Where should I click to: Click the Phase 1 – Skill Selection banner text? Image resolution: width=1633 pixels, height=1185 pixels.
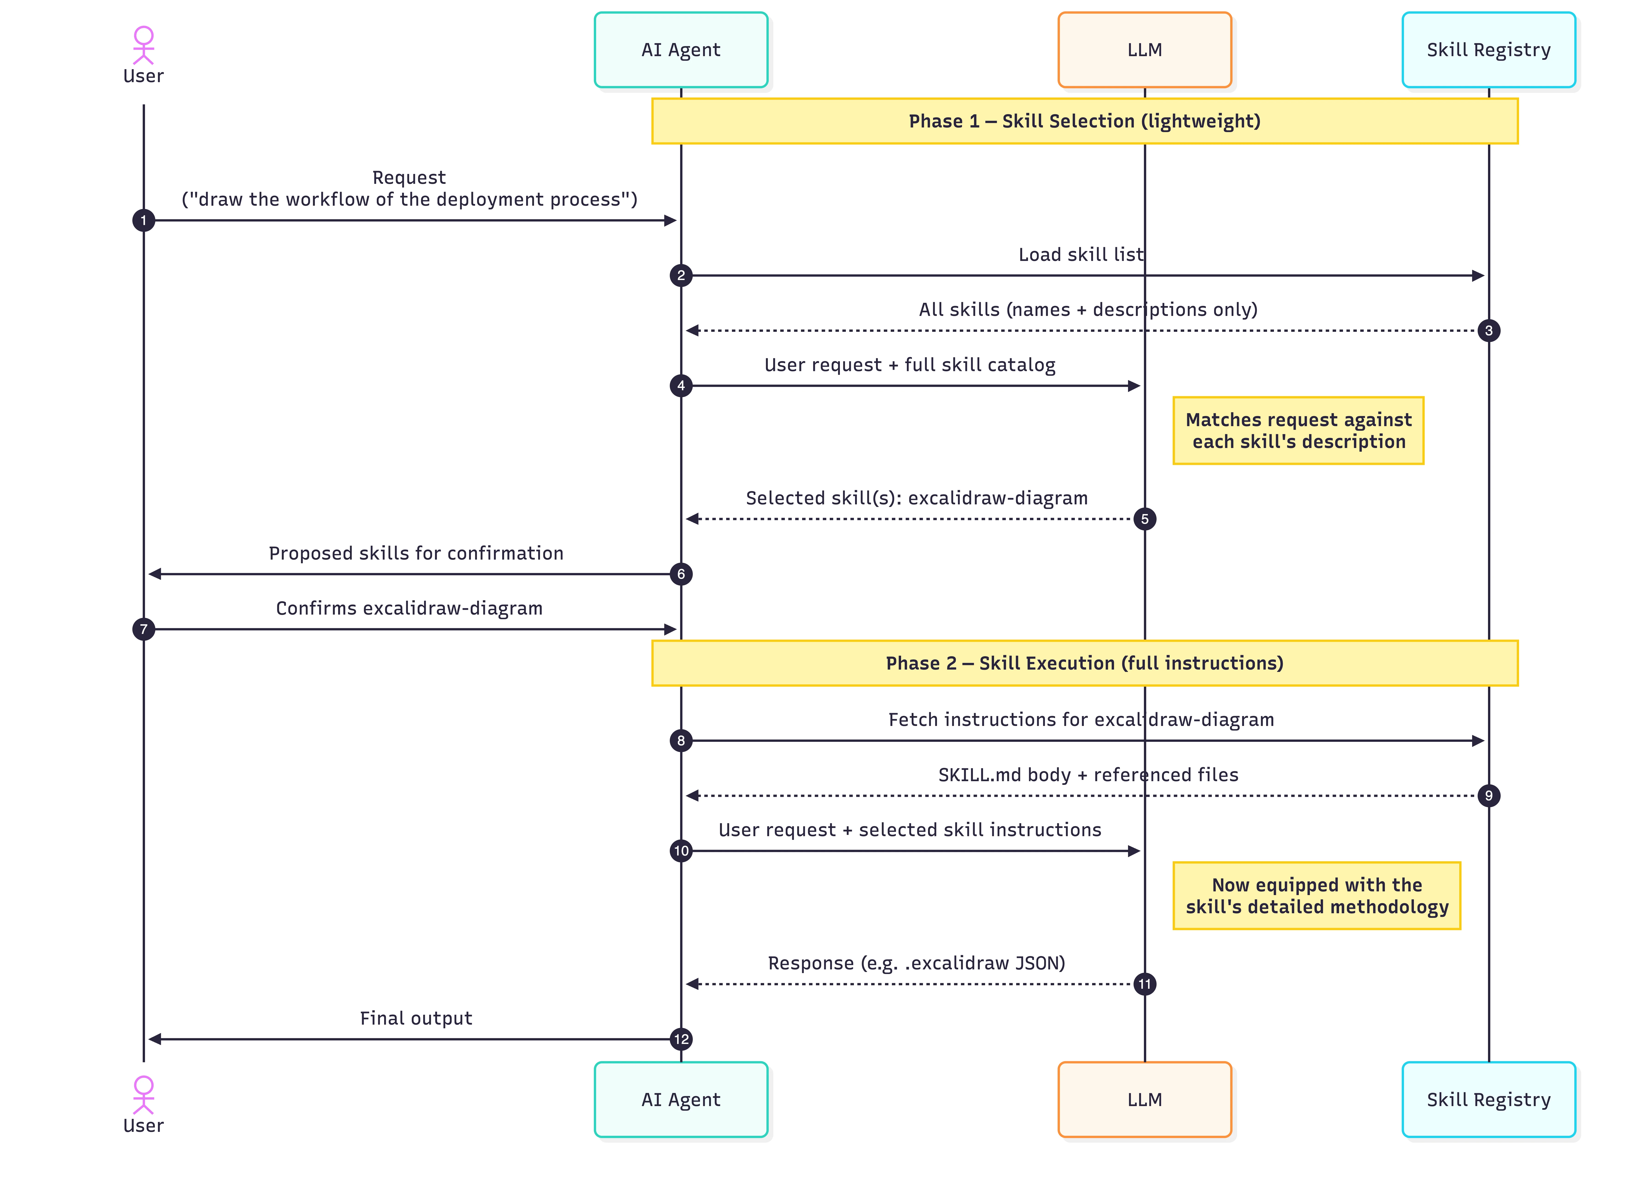pyautogui.click(x=1084, y=121)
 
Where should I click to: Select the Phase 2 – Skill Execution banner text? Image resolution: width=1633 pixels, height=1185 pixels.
pyautogui.click(x=1084, y=663)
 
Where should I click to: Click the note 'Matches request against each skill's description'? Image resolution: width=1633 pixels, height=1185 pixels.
pyautogui.click(x=1298, y=431)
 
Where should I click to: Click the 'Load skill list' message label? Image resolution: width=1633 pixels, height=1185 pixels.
pyautogui.click(x=1081, y=254)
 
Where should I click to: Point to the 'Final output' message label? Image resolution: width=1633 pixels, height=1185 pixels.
pyautogui.click(x=416, y=1018)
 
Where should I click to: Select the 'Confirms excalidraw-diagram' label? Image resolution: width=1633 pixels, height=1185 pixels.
pyautogui.click(x=409, y=608)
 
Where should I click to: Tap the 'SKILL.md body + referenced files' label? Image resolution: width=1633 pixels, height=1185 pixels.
pyautogui.click(x=1088, y=775)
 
